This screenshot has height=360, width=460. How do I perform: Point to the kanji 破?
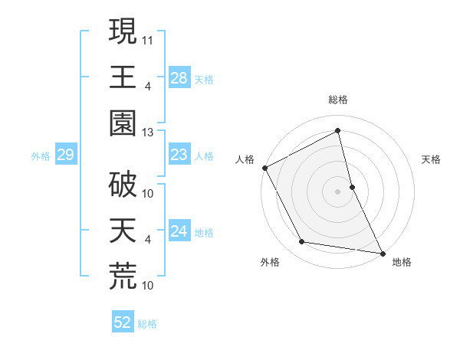coord(123,186)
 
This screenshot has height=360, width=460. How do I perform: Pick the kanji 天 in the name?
coord(123,231)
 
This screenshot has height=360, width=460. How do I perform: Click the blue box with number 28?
coord(179,77)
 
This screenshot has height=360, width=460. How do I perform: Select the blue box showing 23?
coord(179,155)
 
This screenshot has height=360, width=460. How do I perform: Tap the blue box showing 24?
coord(179,231)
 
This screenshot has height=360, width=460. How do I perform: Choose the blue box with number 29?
coord(65,155)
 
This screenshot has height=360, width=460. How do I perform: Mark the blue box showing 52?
coord(123,323)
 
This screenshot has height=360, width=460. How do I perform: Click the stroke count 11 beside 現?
coord(149,38)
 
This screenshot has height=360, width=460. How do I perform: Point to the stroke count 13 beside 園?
coord(149,132)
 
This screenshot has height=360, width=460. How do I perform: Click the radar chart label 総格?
coord(338,100)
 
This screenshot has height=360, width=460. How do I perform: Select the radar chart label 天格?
coord(432,159)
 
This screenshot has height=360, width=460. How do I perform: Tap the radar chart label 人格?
coord(245,159)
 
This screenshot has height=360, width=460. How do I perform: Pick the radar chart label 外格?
coord(270,262)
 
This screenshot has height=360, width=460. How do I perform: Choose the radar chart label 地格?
coord(402,262)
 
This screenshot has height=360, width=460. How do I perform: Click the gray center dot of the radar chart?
coord(338,191)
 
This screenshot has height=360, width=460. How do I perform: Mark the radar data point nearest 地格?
coord(382,253)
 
